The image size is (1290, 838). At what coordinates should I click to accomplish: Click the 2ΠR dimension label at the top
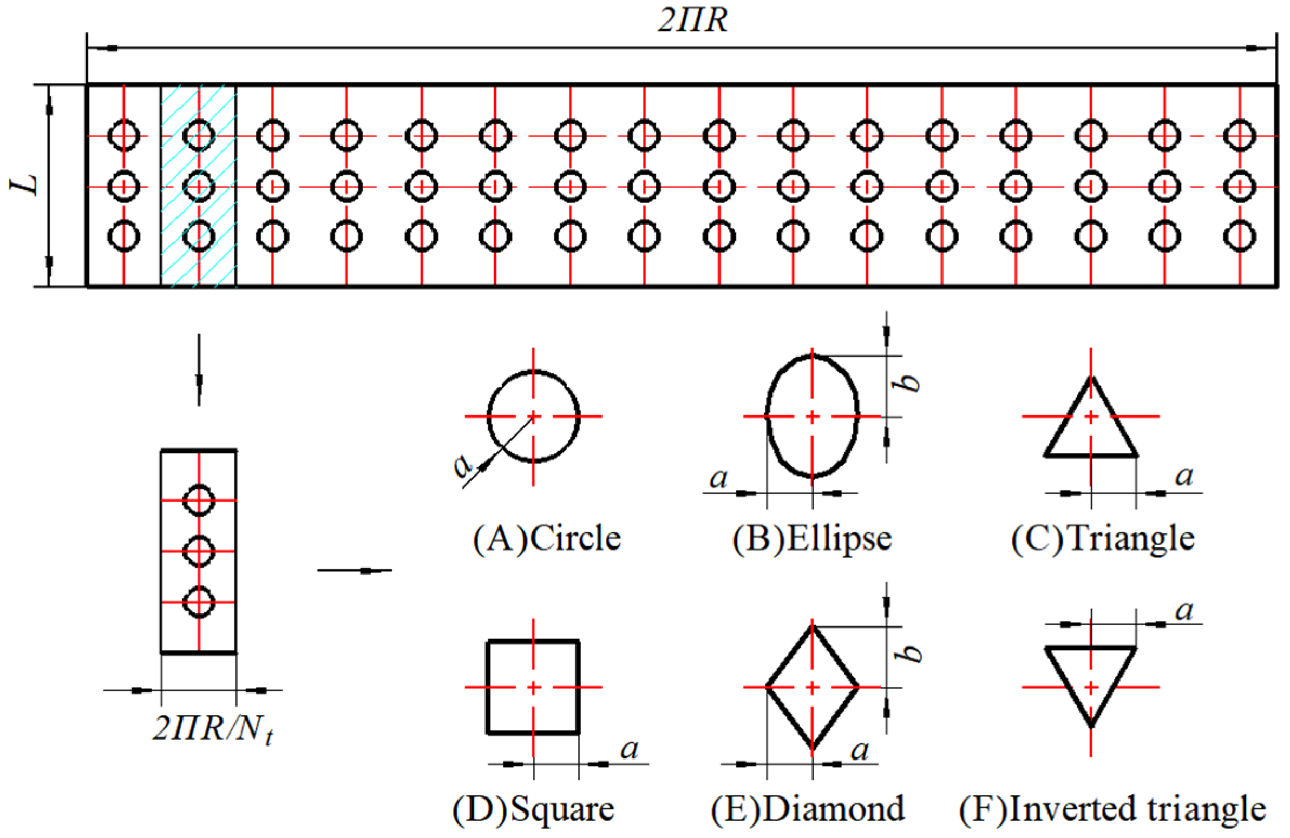tap(692, 21)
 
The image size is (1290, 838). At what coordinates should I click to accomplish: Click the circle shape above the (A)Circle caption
tap(534, 416)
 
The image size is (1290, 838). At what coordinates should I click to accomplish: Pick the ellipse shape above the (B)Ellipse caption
tap(812, 416)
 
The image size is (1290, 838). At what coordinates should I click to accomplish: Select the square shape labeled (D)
tap(533, 687)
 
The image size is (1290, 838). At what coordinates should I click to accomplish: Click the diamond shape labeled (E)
tap(812, 688)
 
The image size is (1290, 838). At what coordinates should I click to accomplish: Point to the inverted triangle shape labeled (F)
tap(1091, 677)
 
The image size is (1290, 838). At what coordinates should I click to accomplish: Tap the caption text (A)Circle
tap(547, 539)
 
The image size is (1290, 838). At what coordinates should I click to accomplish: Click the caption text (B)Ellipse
tap(812, 539)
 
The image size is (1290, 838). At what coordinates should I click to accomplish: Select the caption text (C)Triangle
tap(1103, 539)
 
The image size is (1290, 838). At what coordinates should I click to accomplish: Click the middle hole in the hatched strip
tap(199, 187)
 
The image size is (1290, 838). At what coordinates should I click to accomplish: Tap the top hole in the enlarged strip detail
tap(199, 500)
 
